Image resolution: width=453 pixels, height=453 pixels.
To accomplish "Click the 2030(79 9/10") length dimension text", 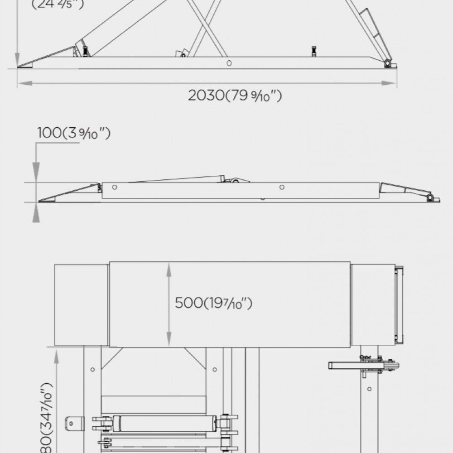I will pos(235,96).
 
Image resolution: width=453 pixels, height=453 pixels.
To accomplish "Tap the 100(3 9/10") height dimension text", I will pos(74,133).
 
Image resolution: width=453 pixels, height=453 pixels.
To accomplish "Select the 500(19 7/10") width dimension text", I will pos(213,303).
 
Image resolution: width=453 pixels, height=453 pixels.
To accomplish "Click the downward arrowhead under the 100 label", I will pos(36,169).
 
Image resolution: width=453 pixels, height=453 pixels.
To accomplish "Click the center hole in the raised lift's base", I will pos(229,63).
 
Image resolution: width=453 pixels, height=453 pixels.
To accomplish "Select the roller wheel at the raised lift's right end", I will pos(388,63).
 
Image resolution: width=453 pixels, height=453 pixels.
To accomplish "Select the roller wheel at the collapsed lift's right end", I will pos(430,198).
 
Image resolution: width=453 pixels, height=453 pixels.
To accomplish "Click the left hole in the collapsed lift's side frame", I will pos(115,187).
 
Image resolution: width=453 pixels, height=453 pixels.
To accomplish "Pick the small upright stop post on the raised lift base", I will pos(313,51).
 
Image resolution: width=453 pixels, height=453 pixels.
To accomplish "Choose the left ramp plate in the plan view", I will pos(81,304).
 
